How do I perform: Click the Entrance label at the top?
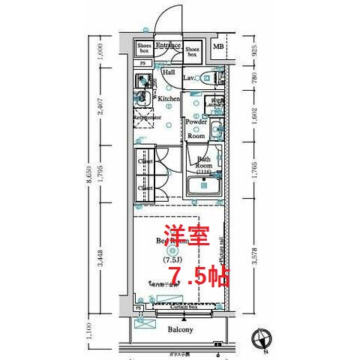point(169,46)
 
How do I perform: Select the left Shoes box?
point(144,49)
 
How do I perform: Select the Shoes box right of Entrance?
point(192,50)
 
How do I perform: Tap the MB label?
point(217,49)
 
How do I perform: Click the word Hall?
point(169,72)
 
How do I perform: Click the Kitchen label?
point(169,99)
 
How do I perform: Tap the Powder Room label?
point(196,128)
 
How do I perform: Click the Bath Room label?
point(204,163)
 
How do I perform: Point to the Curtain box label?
point(182,307)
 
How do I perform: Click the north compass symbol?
point(262,338)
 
